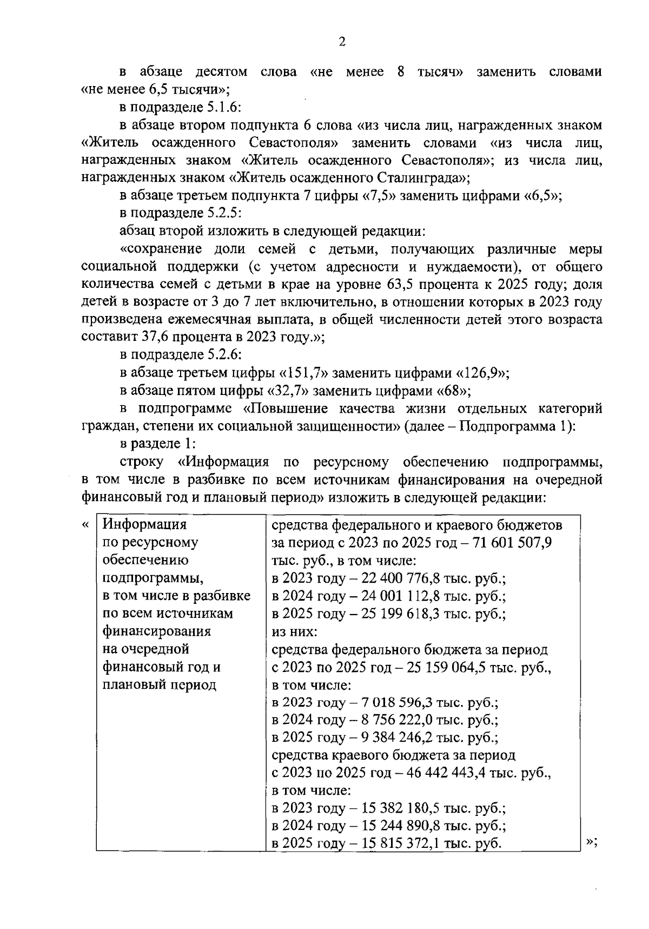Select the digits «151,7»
[304, 373]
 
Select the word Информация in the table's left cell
[144, 525]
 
